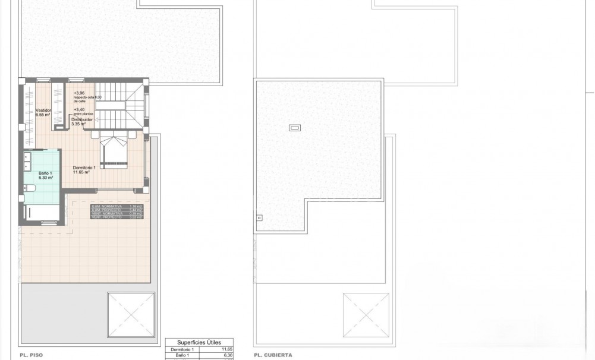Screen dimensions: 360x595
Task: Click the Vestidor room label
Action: click(43, 110)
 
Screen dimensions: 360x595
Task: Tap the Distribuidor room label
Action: click(82, 119)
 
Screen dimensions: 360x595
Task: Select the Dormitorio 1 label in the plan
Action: click(84, 168)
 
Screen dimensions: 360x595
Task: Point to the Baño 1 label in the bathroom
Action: click(46, 173)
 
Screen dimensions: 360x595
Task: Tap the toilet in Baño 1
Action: click(31, 189)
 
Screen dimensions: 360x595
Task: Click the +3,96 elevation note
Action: click(80, 93)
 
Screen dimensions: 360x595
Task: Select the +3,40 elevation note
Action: click(78, 109)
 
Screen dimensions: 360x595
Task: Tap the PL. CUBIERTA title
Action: click(273, 355)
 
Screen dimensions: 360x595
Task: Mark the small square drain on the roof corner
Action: click(259, 217)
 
